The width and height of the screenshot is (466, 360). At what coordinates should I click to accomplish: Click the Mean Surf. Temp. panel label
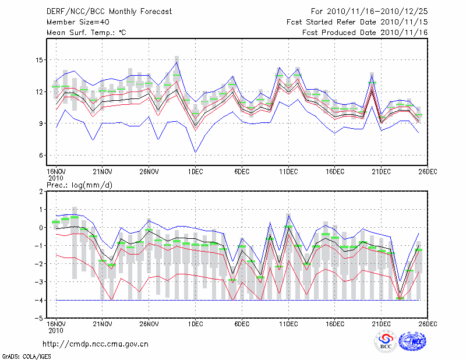click(86, 33)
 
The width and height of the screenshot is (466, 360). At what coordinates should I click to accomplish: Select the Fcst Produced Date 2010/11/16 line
click(365, 33)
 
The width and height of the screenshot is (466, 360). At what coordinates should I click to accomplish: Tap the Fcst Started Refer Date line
click(357, 22)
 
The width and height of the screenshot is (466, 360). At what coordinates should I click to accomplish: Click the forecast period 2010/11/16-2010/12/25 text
click(369, 11)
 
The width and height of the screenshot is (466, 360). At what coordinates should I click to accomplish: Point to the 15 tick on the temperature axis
click(40, 60)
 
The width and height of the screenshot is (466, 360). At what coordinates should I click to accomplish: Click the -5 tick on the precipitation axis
click(40, 318)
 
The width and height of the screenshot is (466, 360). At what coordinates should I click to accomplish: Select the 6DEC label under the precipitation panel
click(241, 323)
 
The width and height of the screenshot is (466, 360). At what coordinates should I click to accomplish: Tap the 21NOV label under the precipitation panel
click(102, 323)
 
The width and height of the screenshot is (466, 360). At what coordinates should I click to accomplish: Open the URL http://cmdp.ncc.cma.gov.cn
click(96, 344)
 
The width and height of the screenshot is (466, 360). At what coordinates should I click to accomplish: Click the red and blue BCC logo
click(385, 342)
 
